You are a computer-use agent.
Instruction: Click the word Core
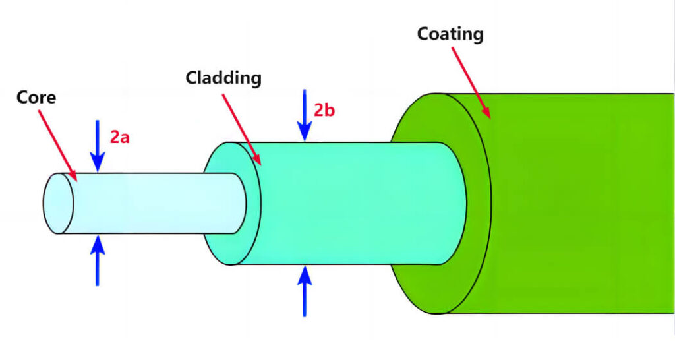coord(36,98)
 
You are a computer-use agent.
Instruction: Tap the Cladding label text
coord(223,79)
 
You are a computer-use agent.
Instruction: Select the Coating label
coord(450,34)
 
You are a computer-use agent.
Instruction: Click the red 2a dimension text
coord(120,137)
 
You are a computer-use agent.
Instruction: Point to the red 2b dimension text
coord(324,111)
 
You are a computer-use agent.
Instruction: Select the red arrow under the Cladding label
coord(241,129)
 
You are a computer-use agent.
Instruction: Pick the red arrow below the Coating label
coord(471,82)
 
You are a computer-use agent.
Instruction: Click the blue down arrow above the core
coord(98,146)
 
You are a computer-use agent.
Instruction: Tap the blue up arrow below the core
coord(98,260)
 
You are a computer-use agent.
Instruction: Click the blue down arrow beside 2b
coord(305,115)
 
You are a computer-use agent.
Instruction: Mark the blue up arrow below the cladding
coord(305,291)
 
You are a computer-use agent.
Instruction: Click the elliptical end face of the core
coord(58,203)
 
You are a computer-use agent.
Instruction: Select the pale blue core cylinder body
coord(155,203)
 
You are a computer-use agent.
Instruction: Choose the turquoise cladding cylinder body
coord(357,203)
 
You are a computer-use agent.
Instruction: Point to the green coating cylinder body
coord(581,203)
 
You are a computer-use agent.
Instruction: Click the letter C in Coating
coord(424,34)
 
